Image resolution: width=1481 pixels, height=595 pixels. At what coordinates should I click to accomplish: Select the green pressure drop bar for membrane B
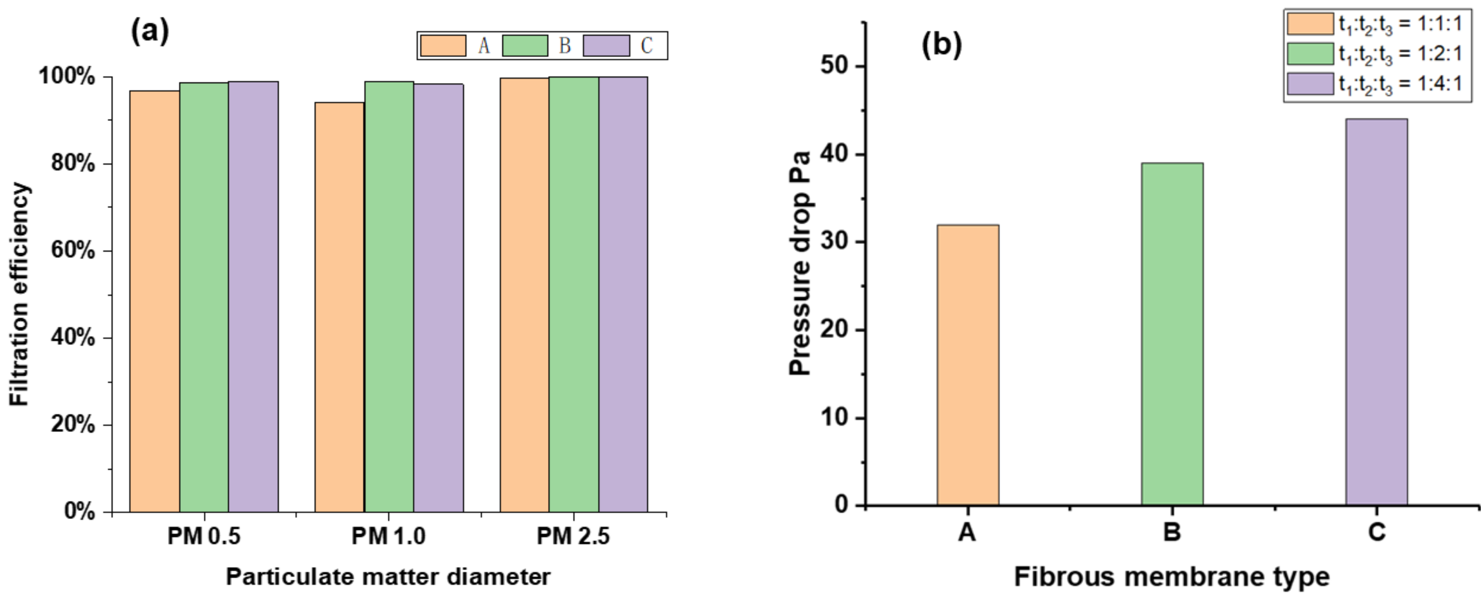pyautogui.click(x=1172, y=334)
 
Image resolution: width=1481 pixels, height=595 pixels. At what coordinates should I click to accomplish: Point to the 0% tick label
pyautogui.click(x=80, y=511)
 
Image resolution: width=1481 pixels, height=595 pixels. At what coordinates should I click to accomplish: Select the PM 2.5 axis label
pyautogui.click(x=573, y=536)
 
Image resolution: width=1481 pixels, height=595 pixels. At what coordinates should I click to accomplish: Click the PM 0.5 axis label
pyautogui.click(x=204, y=536)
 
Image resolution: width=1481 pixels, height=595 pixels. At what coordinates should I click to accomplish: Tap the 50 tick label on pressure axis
pyautogui.click(x=835, y=65)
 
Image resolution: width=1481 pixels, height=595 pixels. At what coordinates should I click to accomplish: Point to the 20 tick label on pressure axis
pyautogui.click(x=835, y=330)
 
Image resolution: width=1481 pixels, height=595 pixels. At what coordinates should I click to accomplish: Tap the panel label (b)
pyautogui.click(x=941, y=44)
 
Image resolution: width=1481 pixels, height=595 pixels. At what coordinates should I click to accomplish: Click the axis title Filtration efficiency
pyautogui.click(x=19, y=294)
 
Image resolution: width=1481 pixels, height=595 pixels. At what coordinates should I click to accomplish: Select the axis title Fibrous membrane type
pyautogui.click(x=1172, y=576)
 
